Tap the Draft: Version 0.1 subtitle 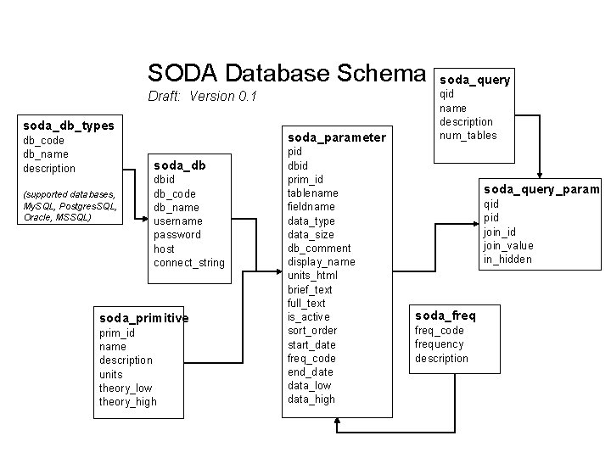[202, 96]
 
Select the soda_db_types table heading [69, 126]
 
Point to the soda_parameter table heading [337, 137]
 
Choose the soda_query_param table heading [541, 189]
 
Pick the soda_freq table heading [445, 316]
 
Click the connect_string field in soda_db [189, 262]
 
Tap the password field [177, 234]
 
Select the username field [177, 221]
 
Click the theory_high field [128, 401]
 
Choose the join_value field [508, 245]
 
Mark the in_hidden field [507, 259]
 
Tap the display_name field [321, 261]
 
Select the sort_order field [312, 330]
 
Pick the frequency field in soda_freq [439, 344]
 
